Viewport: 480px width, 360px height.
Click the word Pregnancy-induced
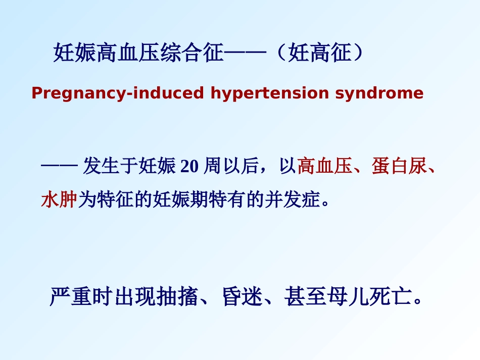(x=118, y=93)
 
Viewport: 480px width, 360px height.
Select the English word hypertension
(x=270, y=93)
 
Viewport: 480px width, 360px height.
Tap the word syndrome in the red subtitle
(x=379, y=93)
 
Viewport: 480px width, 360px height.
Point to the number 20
(x=189, y=166)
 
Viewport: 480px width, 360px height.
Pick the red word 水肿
(x=59, y=199)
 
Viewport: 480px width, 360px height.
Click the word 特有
(x=227, y=199)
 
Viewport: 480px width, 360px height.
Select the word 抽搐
(x=177, y=296)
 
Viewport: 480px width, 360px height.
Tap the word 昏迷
(x=243, y=296)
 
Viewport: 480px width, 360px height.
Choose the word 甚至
(x=305, y=296)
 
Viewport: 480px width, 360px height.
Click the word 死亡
(x=390, y=296)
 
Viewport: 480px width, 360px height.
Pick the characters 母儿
(x=348, y=296)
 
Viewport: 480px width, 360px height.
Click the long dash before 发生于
(x=59, y=166)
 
